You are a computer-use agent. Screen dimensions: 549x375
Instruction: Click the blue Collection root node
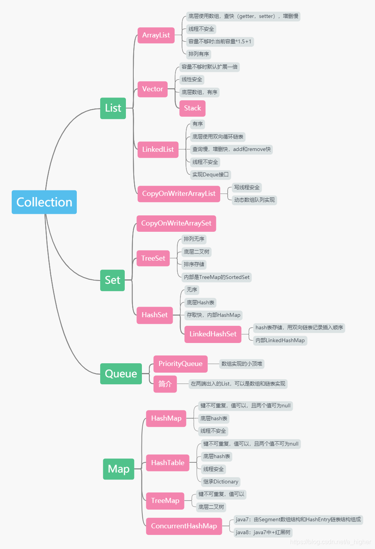click(44, 202)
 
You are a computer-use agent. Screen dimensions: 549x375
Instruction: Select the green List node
click(113, 108)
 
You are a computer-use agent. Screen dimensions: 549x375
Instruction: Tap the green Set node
click(112, 280)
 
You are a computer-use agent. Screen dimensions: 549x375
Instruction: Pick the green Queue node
click(121, 374)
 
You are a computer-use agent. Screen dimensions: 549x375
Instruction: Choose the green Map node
click(119, 469)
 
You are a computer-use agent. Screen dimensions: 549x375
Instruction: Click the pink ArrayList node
click(156, 35)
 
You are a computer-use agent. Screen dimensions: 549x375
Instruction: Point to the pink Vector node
click(152, 89)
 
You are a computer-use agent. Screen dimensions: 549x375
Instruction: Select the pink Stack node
click(192, 108)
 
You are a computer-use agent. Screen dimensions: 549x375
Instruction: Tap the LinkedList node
click(158, 149)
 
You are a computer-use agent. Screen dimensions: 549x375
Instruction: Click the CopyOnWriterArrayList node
click(179, 194)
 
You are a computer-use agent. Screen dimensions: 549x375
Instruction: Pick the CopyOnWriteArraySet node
click(176, 223)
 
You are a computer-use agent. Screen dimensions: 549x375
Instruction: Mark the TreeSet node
click(153, 258)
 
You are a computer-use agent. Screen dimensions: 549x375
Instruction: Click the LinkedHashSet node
click(213, 334)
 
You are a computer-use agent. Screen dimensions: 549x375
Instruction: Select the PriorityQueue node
click(180, 364)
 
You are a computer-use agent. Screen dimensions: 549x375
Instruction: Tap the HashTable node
click(168, 463)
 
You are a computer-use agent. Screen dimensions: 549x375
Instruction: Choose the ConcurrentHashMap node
click(184, 526)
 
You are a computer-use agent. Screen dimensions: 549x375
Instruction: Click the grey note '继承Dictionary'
click(221, 482)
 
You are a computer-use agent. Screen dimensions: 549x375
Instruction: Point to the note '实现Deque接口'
click(210, 175)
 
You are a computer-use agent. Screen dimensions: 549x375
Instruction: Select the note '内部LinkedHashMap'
click(280, 341)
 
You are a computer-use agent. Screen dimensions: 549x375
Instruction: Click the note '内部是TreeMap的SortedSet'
click(217, 277)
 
